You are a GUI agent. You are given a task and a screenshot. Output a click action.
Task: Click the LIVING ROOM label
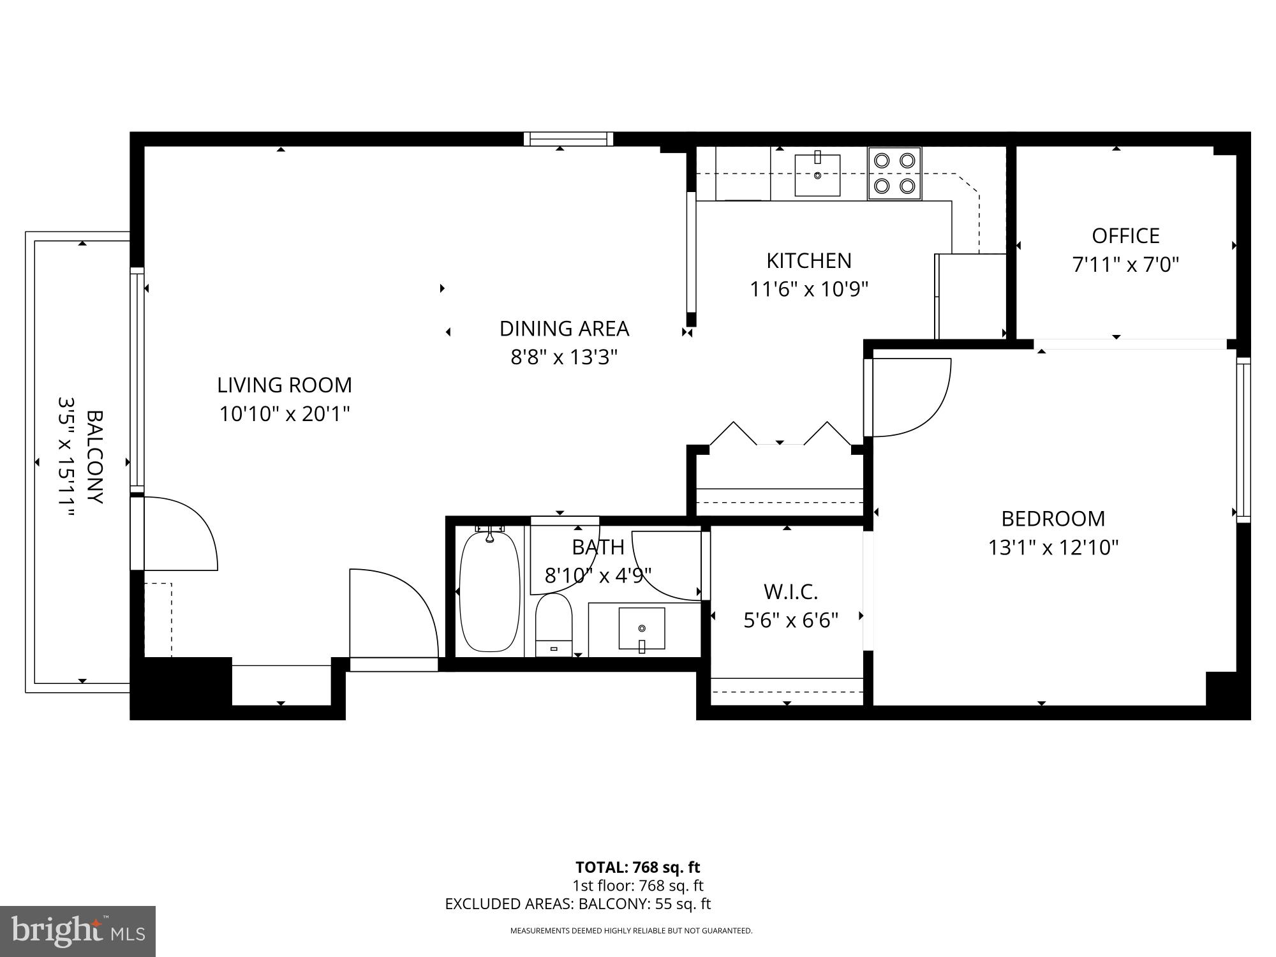pyautogui.click(x=284, y=385)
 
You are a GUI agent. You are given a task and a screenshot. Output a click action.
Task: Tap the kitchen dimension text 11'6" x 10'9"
pyautogui.click(x=808, y=290)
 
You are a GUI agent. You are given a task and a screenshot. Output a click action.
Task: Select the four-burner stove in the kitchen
pyautogui.click(x=894, y=173)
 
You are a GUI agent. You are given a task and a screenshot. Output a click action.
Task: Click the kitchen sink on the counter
pyautogui.click(x=817, y=174)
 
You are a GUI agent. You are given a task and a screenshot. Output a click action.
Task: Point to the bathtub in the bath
pyautogui.click(x=489, y=591)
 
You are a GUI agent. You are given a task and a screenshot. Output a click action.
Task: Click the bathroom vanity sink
pyautogui.click(x=641, y=629)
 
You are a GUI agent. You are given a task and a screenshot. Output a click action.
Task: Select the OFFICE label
pyautogui.click(x=1125, y=236)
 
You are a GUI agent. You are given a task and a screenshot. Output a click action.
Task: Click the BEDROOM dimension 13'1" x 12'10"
pyautogui.click(x=1053, y=547)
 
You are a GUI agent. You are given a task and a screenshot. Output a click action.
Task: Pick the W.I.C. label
pyautogui.click(x=790, y=592)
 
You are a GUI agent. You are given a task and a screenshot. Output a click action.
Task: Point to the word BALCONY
pyautogui.click(x=94, y=457)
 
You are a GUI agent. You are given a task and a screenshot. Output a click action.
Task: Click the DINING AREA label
pyautogui.click(x=564, y=329)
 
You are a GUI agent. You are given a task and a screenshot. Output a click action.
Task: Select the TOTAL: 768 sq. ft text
pyautogui.click(x=637, y=867)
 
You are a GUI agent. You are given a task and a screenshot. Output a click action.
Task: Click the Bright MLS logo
pyautogui.click(x=77, y=931)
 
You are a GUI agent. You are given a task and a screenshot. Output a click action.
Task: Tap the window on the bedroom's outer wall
pyautogui.click(x=1243, y=440)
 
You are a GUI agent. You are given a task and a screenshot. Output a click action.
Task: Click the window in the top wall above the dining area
pyautogui.click(x=568, y=138)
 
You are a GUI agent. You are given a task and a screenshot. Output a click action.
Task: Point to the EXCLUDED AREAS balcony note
pyautogui.click(x=577, y=904)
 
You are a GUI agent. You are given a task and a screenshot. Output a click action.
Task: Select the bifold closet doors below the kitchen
pyautogui.click(x=780, y=433)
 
